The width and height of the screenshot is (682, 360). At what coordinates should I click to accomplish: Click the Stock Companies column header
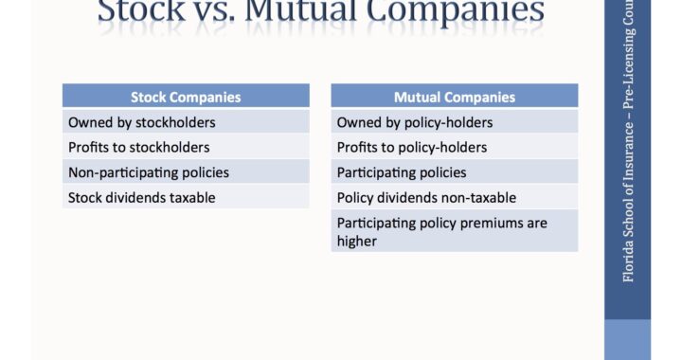pyautogui.click(x=186, y=97)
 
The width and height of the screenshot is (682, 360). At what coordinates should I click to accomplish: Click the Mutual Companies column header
pyautogui.click(x=454, y=97)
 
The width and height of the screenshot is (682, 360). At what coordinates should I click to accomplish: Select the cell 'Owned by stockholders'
pyautogui.click(x=186, y=122)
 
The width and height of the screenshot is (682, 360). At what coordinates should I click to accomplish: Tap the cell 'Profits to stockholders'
pyautogui.click(x=186, y=147)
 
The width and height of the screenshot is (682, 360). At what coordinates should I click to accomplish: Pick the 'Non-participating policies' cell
pyautogui.click(x=186, y=172)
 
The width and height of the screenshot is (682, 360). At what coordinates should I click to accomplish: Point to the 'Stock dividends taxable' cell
pyautogui.click(x=186, y=197)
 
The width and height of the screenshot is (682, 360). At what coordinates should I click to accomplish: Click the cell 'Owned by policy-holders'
pyautogui.click(x=454, y=122)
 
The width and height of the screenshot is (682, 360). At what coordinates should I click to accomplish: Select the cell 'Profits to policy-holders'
pyautogui.click(x=454, y=147)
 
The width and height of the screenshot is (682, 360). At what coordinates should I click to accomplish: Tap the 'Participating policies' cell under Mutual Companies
pyautogui.click(x=454, y=172)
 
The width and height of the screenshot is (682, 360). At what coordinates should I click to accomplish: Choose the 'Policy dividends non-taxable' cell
pyautogui.click(x=454, y=197)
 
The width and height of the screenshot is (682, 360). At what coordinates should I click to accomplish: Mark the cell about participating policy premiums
pyautogui.click(x=454, y=231)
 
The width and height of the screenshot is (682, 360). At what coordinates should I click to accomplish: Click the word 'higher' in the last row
pyautogui.click(x=357, y=241)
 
